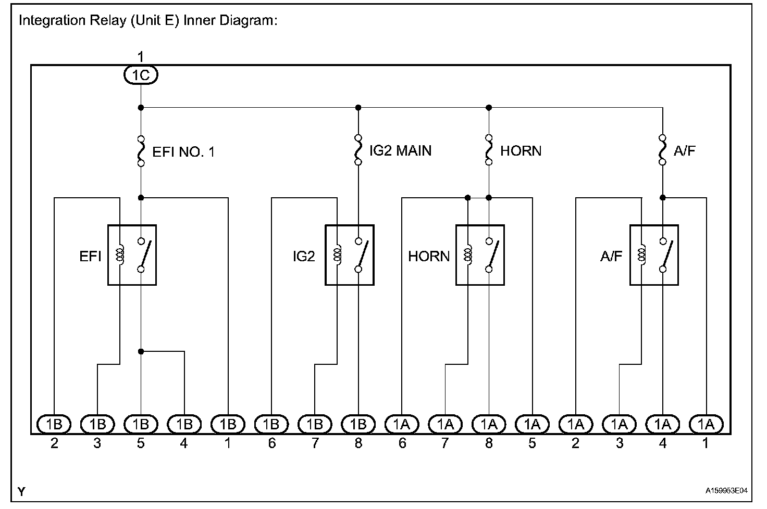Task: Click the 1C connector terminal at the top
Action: [141, 75]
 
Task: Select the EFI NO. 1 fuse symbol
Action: [141, 151]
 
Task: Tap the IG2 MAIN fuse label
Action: [400, 151]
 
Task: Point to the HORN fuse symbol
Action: [489, 150]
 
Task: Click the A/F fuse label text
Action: [685, 151]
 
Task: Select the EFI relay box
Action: [132, 255]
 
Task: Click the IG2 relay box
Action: [350, 255]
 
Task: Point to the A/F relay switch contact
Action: [665, 255]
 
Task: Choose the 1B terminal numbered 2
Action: [54, 425]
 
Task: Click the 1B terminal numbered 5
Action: [141, 425]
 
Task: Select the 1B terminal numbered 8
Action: [358, 425]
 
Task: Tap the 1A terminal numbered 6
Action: [402, 425]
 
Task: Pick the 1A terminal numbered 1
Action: [706, 425]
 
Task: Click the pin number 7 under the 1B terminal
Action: [315, 443]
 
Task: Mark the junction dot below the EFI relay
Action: [141, 352]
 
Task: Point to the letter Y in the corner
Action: [21, 491]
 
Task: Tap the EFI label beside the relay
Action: [90, 256]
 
